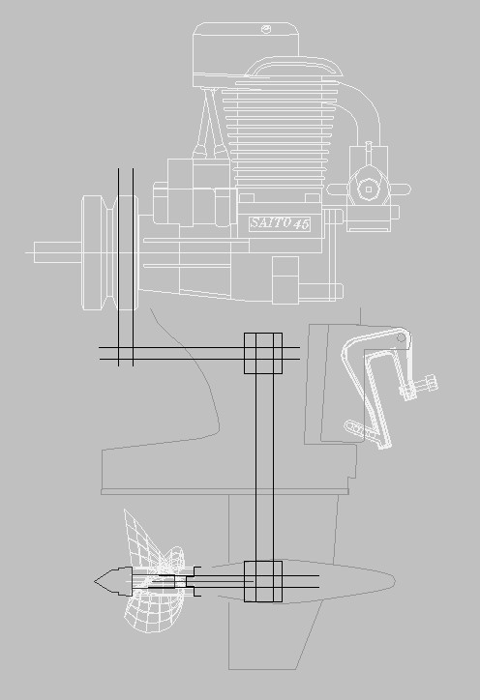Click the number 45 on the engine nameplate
[x=302, y=224]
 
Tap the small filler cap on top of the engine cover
[x=266, y=29]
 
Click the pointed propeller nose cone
[x=113, y=581]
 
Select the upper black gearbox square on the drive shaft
[x=263, y=353]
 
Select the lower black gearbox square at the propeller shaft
[x=263, y=581]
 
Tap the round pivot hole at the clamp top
[x=401, y=337]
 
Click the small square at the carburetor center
[x=369, y=190]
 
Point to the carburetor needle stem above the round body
[x=369, y=153]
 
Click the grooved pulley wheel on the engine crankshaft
[x=110, y=252]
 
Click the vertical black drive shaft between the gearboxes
[x=263, y=467]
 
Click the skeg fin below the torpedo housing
[x=273, y=634]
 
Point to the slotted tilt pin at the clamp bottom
[x=360, y=429]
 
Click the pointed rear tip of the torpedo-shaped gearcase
[x=394, y=580]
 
